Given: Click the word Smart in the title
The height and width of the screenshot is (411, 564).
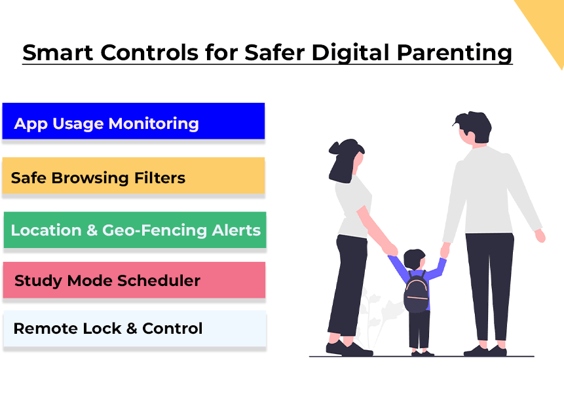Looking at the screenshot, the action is (58, 52).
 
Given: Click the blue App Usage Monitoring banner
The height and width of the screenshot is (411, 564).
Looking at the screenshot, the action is (134, 121).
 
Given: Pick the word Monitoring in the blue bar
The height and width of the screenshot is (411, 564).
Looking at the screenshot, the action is (153, 124).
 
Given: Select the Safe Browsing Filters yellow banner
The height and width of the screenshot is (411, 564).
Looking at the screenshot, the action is (134, 175).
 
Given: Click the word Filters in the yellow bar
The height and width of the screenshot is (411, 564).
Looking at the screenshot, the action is (160, 177).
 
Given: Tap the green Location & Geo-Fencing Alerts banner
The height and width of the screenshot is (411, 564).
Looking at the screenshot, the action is (135, 230).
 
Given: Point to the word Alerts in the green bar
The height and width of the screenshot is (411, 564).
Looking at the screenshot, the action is (236, 230).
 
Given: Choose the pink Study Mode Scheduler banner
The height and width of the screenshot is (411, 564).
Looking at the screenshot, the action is (134, 280).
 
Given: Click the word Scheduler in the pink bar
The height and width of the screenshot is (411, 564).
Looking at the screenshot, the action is (159, 281).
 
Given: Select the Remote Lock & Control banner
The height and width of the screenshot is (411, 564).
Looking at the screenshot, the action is (135, 329).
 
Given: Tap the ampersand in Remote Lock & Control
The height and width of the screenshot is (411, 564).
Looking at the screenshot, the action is (132, 329).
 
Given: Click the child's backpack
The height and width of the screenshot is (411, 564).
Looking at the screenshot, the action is (416, 293).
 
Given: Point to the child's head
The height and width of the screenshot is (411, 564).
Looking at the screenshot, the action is (414, 259).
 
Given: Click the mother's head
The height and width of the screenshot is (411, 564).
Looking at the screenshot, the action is (347, 160).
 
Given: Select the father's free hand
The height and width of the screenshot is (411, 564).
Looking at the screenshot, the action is (540, 236).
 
